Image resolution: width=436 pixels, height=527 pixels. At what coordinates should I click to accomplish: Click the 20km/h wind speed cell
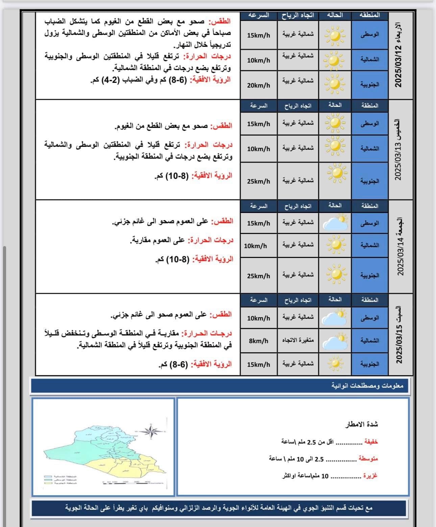point(259,86)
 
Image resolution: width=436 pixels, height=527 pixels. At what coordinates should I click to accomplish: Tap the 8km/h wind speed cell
point(259,341)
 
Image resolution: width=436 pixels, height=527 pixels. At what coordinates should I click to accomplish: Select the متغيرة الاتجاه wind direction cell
point(298,340)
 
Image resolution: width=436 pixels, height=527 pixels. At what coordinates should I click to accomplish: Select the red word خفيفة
point(370,441)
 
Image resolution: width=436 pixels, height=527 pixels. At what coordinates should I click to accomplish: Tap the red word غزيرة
point(370,476)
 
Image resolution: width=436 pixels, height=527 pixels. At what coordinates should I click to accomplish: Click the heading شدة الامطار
point(361,425)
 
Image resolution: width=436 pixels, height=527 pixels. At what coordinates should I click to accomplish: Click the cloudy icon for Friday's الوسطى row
point(335,222)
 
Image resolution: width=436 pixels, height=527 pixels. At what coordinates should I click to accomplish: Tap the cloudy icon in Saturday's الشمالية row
point(335,341)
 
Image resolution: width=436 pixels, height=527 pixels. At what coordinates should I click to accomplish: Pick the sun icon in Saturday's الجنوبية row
point(335,364)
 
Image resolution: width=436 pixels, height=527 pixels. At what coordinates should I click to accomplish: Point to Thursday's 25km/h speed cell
point(259,181)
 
